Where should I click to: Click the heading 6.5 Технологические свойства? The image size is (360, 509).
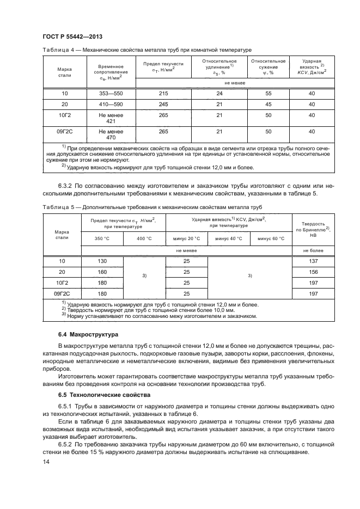tap(101, 394)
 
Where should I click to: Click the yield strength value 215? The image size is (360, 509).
tap(163, 94)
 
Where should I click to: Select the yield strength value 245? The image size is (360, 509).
tap(163, 104)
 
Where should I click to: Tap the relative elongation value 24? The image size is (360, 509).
tap(220, 94)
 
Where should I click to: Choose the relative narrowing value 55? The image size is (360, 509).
tap(268, 94)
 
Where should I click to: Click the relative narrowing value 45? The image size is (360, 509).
tap(268, 104)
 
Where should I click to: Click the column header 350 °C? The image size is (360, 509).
tap(102, 238)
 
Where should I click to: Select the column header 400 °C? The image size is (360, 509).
tap(144, 238)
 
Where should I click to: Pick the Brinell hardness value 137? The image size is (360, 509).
tap(313, 261)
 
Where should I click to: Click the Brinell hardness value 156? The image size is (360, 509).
tap(313, 272)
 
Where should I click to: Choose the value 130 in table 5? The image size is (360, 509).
tap(102, 261)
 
